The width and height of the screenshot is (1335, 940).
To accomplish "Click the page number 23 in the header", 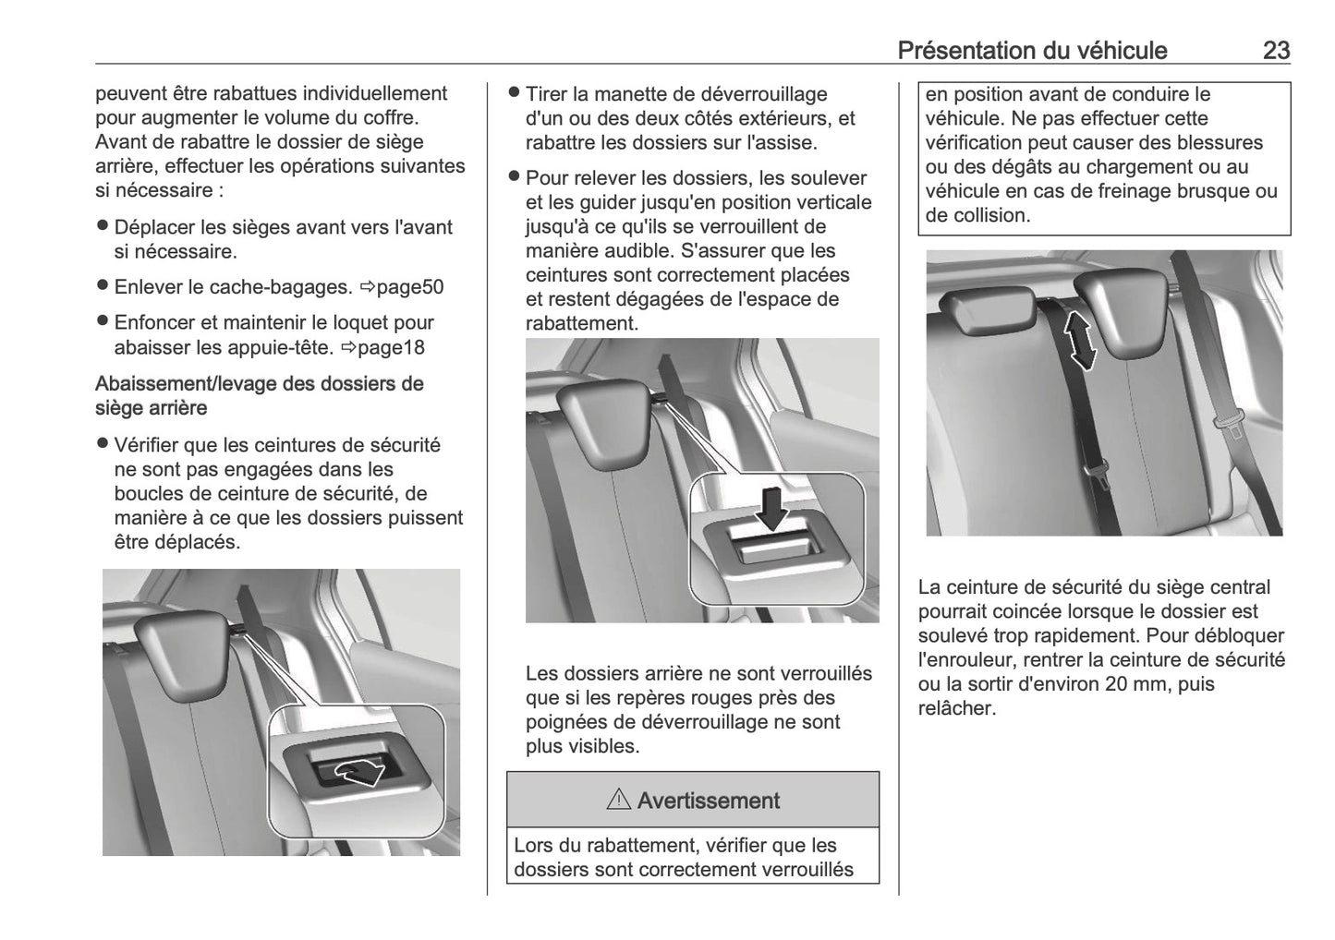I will (1275, 50).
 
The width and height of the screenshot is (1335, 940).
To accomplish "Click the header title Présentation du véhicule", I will (1032, 50).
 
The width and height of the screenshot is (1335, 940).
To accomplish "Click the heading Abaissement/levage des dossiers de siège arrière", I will (259, 395).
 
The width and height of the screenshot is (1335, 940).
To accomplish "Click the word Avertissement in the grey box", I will (708, 801).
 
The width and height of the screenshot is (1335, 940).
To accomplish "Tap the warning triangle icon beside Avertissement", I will (618, 801).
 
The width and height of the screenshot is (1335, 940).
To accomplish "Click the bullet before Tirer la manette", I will (515, 93).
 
